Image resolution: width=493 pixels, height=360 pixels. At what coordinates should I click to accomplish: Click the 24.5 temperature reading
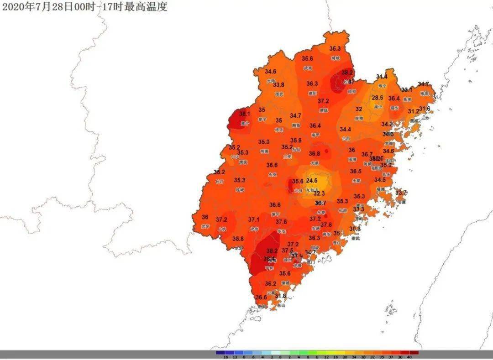[x=312, y=180]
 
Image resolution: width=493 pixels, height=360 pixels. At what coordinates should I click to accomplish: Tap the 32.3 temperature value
[x=319, y=193]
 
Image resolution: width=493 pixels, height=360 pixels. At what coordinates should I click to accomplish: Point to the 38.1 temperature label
[x=245, y=114]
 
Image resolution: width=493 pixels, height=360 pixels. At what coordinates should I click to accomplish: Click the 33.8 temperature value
[x=278, y=85]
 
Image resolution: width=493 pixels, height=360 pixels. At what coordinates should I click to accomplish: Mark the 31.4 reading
[x=382, y=77]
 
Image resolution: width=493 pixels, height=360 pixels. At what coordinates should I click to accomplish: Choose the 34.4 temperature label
[x=346, y=130]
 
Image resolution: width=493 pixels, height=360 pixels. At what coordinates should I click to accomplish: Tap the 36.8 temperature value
[x=314, y=154]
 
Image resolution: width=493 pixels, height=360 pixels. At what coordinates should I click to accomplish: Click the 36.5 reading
[x=356, y=171]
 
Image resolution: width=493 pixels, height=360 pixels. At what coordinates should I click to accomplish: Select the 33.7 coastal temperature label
[x=401, y=193]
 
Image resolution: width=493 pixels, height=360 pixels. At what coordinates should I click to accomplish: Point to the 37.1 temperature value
[x=254, y=219]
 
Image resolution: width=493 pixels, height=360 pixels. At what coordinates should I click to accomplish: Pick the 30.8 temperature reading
[x=355, y=229]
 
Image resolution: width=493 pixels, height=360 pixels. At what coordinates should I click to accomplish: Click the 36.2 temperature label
[x=271, y=283]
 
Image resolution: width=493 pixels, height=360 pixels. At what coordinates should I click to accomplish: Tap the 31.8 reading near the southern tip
[x=280, y=296]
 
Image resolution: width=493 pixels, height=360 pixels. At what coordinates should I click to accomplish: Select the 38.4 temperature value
[x=269, y=259]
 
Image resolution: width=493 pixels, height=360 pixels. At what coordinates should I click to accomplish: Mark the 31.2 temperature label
[x=413, y=111]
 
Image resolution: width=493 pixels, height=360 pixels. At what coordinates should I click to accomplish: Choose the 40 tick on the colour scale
[x=409, y=357]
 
